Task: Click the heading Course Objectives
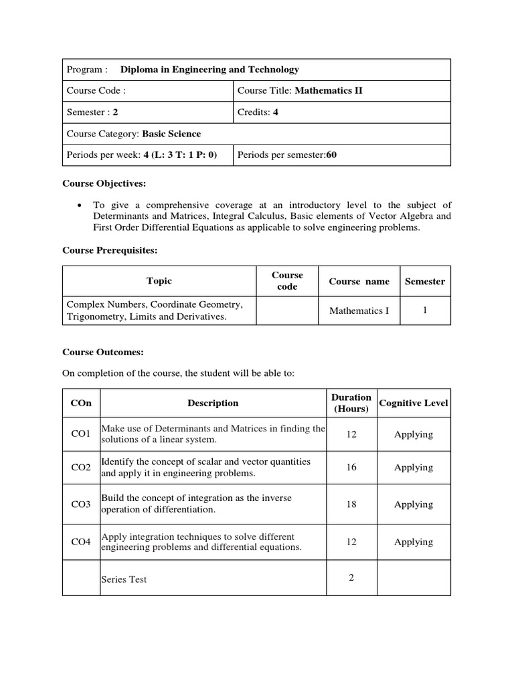(x=104, y=183)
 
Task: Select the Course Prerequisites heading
(x=110, y=250)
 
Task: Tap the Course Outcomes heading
(x=103, y=352)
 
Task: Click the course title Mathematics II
(x=329, y=90)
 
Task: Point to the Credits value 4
(x=276, y=112)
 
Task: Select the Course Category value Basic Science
(x=171, y=134)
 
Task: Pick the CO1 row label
(x=80, y=434)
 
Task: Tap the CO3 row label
(x=80, y=504)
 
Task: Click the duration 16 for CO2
(x=351, y=468)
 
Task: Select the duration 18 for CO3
(x=351, y=504)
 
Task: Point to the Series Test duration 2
(x=351, y=578)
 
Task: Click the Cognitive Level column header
(x=414, y=403)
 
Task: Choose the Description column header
(x=213, y=403)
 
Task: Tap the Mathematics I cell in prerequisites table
(x=359, y=311)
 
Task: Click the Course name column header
(x=359, y=282)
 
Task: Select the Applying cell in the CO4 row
(x=414, y=542)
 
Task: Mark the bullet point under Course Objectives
(x=80, y=205)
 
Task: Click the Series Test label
(x=124, y=579)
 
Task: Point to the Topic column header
(x=159, y=281)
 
